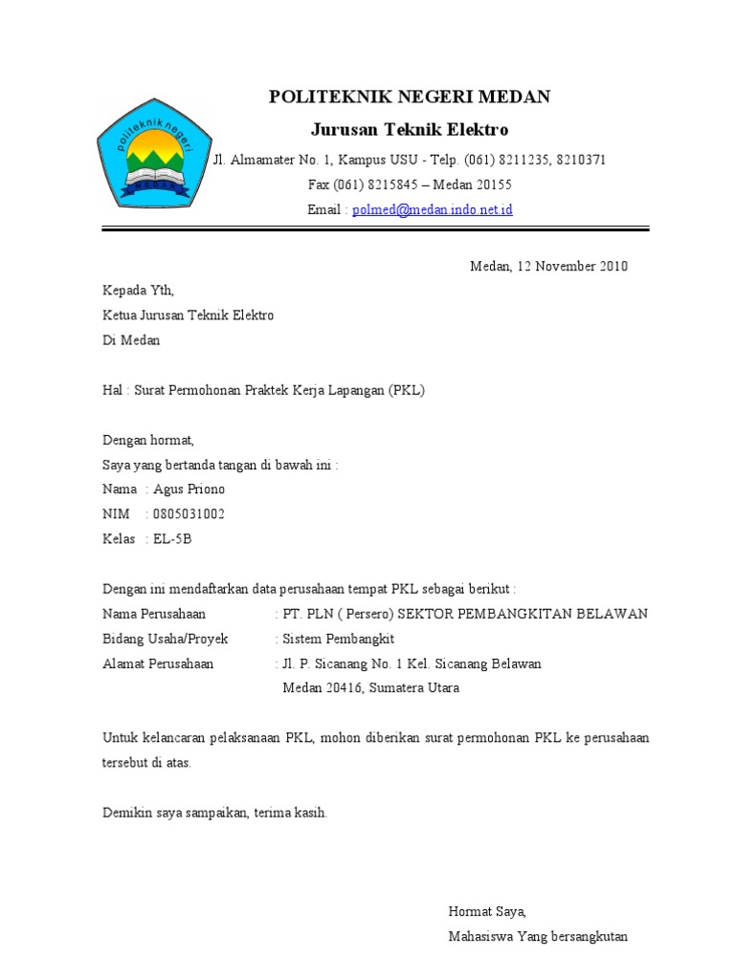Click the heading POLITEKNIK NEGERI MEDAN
410,97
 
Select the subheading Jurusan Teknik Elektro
410,129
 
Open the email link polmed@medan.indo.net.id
433,209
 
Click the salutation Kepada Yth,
139,291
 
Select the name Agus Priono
189,489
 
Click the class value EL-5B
172,539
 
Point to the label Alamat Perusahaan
158,664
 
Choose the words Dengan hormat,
148,440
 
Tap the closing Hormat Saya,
487,912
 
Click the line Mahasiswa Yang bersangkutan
538,937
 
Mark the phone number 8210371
580,160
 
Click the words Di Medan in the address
131,340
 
